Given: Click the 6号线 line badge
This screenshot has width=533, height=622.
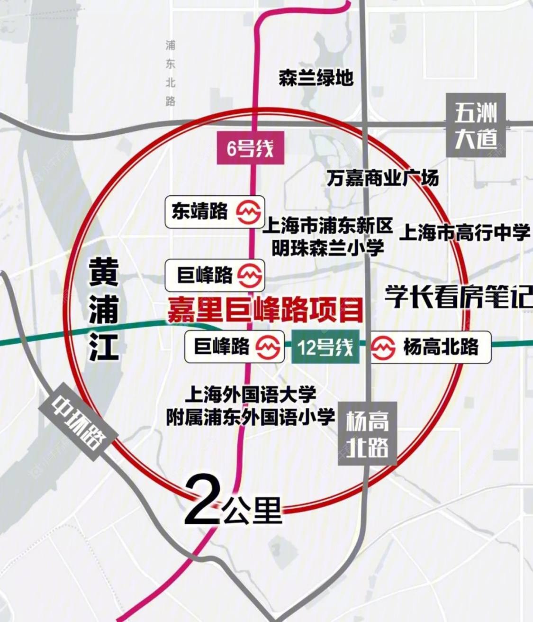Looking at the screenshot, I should click(250, 149).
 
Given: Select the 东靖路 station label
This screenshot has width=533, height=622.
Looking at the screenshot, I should click(199, 211).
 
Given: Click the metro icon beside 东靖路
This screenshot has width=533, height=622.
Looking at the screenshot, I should click(249, 212).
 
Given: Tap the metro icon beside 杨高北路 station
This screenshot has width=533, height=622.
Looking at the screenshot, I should click(383, 348).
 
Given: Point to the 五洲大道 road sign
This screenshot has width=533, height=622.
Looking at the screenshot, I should click(476, 125).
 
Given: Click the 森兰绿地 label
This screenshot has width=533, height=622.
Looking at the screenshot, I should click(316, 77).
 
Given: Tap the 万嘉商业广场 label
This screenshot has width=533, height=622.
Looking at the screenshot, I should click(382, 178).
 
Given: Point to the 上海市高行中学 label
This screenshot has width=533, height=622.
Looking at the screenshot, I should click(464, 232).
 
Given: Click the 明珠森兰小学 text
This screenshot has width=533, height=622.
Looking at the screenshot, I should click(328, 248).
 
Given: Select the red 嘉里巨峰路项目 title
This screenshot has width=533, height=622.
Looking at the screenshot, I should click(265, 310).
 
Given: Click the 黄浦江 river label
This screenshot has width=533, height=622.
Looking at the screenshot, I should click(104, 310).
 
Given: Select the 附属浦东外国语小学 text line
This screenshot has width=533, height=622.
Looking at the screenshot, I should click(251, 417).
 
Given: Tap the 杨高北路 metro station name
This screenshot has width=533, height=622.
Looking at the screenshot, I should click(441, 348).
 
